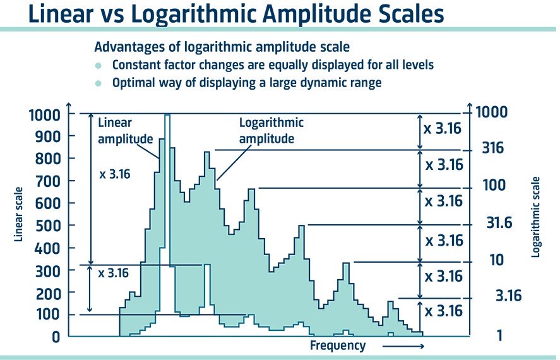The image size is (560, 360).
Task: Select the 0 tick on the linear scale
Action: [56, 337]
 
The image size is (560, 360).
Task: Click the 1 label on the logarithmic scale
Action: [499, 336]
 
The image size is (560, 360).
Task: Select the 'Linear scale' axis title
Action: [19, 213]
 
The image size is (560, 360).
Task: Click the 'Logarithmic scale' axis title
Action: [536, 216]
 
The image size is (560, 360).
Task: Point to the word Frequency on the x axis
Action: [338, 345]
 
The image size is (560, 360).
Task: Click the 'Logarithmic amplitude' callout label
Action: [270, 131]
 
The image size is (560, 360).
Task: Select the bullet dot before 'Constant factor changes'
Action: [98, 66]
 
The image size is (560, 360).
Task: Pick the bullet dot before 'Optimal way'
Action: [98, 83]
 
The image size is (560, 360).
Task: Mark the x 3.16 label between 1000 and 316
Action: [443, 129]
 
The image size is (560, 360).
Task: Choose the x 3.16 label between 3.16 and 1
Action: [443, 311]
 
